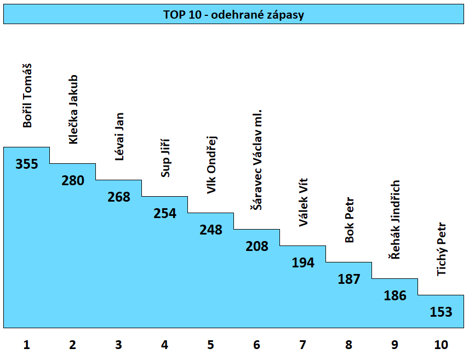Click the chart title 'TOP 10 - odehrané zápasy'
(233, 15)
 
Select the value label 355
(27, 164)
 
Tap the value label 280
(73, 180)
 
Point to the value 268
(119, 197)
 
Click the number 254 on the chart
(165, 213)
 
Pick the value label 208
(257, 246)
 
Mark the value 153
(441, 312)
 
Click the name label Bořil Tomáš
(27, 96)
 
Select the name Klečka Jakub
(73, 110)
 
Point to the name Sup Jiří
(165, 159)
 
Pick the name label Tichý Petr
(442, 249)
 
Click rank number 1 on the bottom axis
(26, 345)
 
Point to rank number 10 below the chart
(441, 345)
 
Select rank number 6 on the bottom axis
(257, 345)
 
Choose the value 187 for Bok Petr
(349, 279)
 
